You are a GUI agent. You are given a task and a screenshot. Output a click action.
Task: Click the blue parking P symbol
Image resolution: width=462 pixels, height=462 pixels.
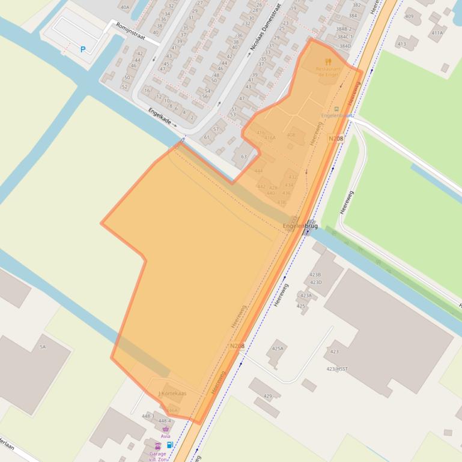83,50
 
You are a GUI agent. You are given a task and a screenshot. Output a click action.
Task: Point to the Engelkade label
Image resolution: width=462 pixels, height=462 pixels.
160,116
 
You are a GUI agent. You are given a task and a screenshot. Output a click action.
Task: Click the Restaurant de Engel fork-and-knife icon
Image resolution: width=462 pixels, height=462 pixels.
328,62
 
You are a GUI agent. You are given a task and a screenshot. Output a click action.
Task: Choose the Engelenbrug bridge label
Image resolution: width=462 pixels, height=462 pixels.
300,226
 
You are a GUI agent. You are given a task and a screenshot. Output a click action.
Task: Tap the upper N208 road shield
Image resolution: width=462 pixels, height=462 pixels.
336,139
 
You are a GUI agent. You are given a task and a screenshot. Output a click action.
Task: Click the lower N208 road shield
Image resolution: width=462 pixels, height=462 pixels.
237,346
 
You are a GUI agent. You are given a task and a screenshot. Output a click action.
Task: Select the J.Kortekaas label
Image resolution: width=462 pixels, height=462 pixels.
172,393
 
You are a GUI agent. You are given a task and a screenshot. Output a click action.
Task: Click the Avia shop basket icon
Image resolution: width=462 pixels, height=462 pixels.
165,430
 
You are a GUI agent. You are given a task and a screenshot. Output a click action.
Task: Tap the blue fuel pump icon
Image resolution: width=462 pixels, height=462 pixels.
170,445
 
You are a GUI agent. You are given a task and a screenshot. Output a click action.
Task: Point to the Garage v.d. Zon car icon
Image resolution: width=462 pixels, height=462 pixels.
157,446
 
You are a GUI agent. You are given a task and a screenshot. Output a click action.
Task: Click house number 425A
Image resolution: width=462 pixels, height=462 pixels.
278,349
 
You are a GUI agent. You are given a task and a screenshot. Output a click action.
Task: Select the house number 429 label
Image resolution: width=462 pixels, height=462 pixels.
267,396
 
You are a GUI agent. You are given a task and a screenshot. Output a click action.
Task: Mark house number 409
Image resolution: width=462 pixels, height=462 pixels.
409,16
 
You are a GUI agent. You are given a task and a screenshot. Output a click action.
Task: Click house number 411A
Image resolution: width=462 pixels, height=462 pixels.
437,33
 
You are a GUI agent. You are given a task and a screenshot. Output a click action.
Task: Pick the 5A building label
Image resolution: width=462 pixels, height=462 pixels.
43,347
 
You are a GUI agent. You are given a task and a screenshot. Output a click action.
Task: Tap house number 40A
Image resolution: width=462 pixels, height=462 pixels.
125,7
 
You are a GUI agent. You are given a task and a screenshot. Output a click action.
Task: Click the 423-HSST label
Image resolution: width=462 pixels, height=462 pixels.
337,369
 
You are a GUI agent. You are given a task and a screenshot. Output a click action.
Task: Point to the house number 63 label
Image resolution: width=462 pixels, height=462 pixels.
244,157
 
